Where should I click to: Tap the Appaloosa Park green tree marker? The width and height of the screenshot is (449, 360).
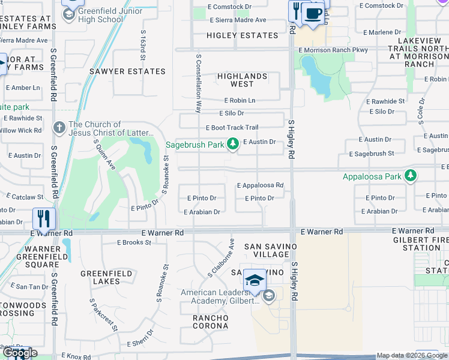click(411, 176)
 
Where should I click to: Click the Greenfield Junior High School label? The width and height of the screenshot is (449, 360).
click(101, 15)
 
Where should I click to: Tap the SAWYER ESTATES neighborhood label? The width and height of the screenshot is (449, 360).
click(127, 71)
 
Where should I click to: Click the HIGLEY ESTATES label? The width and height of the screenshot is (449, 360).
click(242, 35)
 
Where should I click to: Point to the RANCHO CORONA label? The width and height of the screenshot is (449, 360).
click(210, 322)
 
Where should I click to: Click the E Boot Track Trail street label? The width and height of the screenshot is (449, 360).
click(232, 128)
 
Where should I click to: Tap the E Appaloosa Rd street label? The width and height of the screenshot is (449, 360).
click(259, 186)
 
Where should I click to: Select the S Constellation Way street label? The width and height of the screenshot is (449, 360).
click(198, 82)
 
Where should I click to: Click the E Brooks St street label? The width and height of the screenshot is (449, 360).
click(134, 242)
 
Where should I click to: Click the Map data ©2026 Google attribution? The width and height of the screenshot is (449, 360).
click(412, 355)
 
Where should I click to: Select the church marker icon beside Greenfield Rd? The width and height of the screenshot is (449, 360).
click(59, 127)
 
